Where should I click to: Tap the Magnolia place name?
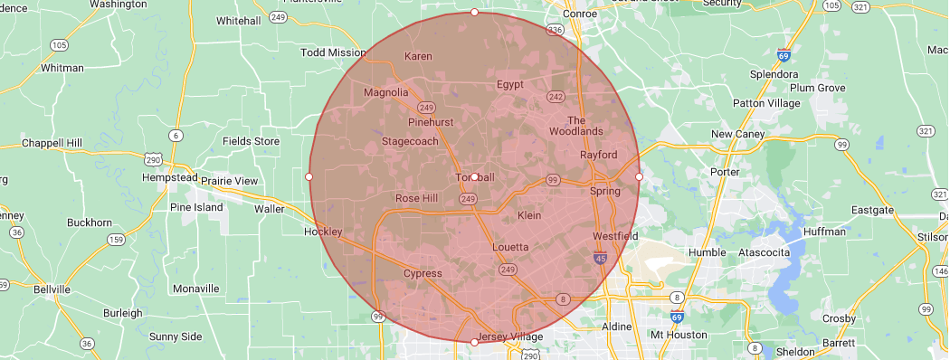(386, 92)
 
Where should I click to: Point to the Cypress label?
(423, 273)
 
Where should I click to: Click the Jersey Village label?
(508, 337)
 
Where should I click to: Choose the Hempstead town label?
(170, 177)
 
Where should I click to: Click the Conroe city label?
(581, 14)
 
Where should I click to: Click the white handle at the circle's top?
(474, 12)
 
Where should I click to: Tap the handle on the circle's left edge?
(309, 176)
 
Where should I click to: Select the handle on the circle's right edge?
(639, 176)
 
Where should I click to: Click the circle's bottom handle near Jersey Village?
(474, 342)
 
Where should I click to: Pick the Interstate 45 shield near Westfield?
(602, 259)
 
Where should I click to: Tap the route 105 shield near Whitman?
(60, 44)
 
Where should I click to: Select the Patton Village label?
(765, 103)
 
